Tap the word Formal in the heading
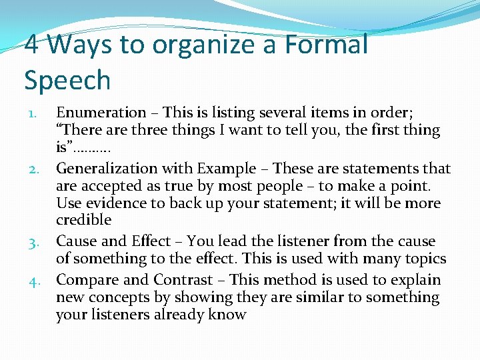click(326, 45)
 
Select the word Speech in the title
click(67, 81)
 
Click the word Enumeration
click(101, 113)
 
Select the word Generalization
click(109, 169)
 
